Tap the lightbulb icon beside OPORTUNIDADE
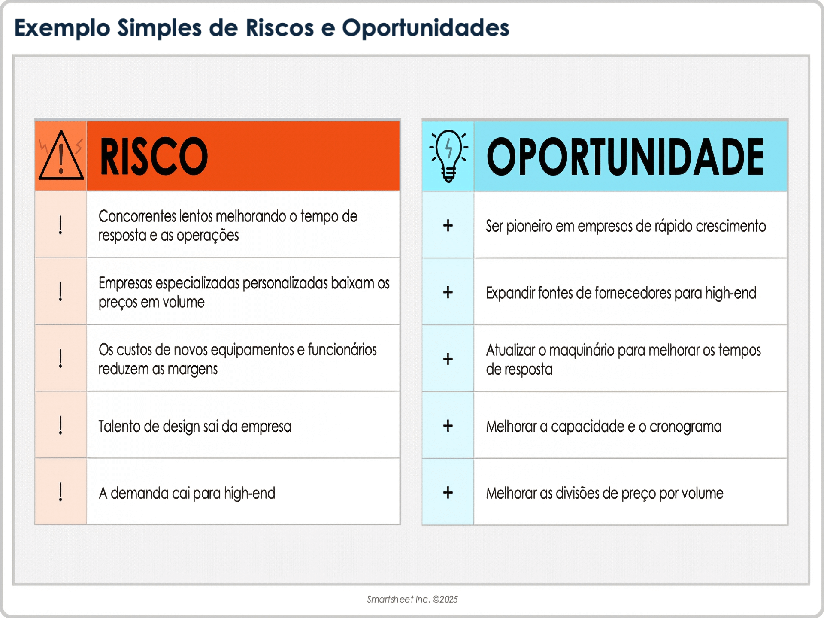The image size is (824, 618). [448, 156]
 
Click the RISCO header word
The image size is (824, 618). [154, 157]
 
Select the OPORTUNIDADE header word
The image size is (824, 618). [625, 157]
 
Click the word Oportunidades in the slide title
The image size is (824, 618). [425, 28]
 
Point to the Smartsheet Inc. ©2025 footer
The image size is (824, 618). [412, 599]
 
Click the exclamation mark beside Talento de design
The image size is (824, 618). [61, 425]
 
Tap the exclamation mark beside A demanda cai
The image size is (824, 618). [61, 492]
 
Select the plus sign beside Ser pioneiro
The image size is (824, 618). [448, 225]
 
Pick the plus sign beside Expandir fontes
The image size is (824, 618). [448, 292]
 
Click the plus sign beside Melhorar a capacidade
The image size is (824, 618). [448, 426]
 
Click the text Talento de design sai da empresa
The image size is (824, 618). [195, 427]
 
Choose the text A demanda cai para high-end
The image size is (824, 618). [187, 493]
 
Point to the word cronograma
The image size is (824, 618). [685, 427]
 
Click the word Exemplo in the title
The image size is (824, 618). [62, 28]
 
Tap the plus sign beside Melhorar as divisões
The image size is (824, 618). [448, 492]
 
